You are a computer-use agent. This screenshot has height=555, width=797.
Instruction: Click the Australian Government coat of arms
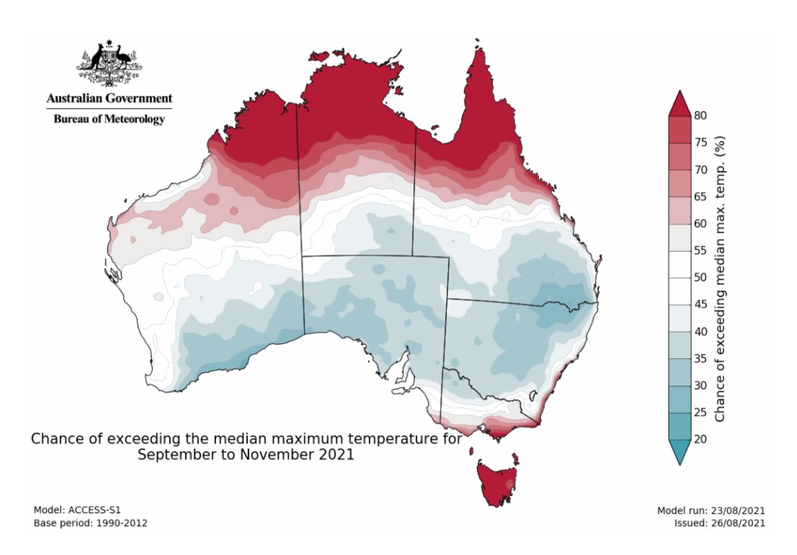tap(109, 64)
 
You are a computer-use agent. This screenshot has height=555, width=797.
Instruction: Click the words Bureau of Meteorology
tap(109, 119)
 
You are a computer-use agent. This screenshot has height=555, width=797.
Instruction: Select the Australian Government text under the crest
tap(109, 98)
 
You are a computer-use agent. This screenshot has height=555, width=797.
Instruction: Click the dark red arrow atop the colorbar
tap(680, 103)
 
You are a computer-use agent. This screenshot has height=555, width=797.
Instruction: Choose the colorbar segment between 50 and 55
tap(680, 264)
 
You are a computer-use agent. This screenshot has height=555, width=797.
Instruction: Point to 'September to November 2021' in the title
tap(246, 455)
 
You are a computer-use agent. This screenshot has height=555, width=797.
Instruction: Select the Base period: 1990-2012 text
tap(91, 523)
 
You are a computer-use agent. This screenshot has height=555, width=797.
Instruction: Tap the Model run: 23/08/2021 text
tap(711, 510)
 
